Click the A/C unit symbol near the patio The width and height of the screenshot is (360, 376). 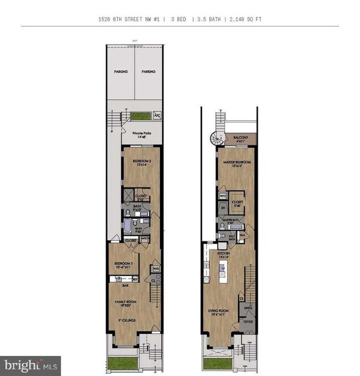click(156, 116)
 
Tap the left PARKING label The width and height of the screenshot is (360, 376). click(121, 72)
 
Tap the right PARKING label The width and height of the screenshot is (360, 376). click(148, 72)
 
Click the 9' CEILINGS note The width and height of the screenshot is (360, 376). click(125, 320)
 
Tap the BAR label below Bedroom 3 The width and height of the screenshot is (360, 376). click(117, 280)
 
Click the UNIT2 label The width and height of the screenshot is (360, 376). click(248, 308)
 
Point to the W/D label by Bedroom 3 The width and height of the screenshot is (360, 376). click(156, 268)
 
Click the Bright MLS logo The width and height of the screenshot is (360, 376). click(30, 365)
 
